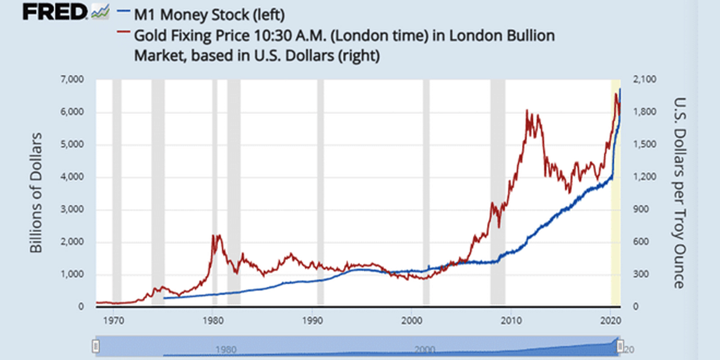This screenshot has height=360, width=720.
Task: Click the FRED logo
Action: click(x=55, y=12)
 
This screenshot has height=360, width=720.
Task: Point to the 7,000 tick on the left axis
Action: click(x=72, y=79)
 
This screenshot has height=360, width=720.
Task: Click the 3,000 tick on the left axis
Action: click(x=72, y=209)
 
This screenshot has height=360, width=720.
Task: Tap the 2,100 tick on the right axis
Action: click(x=644, y=79)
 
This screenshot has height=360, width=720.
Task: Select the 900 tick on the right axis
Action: click(x=641, y=209)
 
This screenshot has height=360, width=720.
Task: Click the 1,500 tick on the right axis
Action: click(x=644, y=144)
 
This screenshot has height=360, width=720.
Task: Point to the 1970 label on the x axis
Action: click(x=113, y=320)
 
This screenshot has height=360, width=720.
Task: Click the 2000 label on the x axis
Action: click(x=412, y=320)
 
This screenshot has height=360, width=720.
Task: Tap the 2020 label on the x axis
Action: click(x=610, y=320)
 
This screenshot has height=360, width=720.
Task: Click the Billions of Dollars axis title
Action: click(x=36, y=193)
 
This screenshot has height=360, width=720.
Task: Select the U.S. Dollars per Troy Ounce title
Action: click(x=679, y=193)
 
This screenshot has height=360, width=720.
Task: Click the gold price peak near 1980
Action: click(x=217, y=236)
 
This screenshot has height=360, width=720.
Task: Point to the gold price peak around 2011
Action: click(x=527, y=111)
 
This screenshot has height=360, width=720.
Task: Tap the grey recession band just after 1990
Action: click(x=320, y=189)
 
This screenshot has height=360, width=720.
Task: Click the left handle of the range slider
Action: click(x=96, y=346)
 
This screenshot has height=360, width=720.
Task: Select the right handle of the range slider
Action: click(x=620, y=346)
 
